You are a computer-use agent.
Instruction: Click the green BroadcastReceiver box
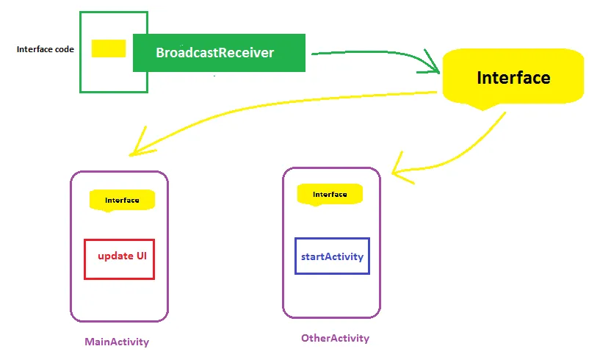coord(219,53)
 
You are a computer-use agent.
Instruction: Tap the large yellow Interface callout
coord(513,76)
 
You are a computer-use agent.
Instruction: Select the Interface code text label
coord(45,49)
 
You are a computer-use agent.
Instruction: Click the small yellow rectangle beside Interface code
coord(109,48)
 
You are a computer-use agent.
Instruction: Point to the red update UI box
coord(120,259)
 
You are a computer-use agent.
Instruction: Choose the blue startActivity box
coord(332,256)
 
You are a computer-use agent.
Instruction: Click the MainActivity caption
coord(117,342)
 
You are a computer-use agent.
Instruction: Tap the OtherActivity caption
coord(335,339)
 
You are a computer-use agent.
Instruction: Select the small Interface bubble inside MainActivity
coord(122,200)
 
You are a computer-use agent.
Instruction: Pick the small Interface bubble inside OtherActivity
coord(330,194)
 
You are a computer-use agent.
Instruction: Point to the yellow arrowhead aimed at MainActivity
coord(137,146)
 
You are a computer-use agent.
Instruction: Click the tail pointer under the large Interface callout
coord(482,106)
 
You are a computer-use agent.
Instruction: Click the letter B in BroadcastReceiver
coord(160,53)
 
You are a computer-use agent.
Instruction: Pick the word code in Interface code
coord(64,49)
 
